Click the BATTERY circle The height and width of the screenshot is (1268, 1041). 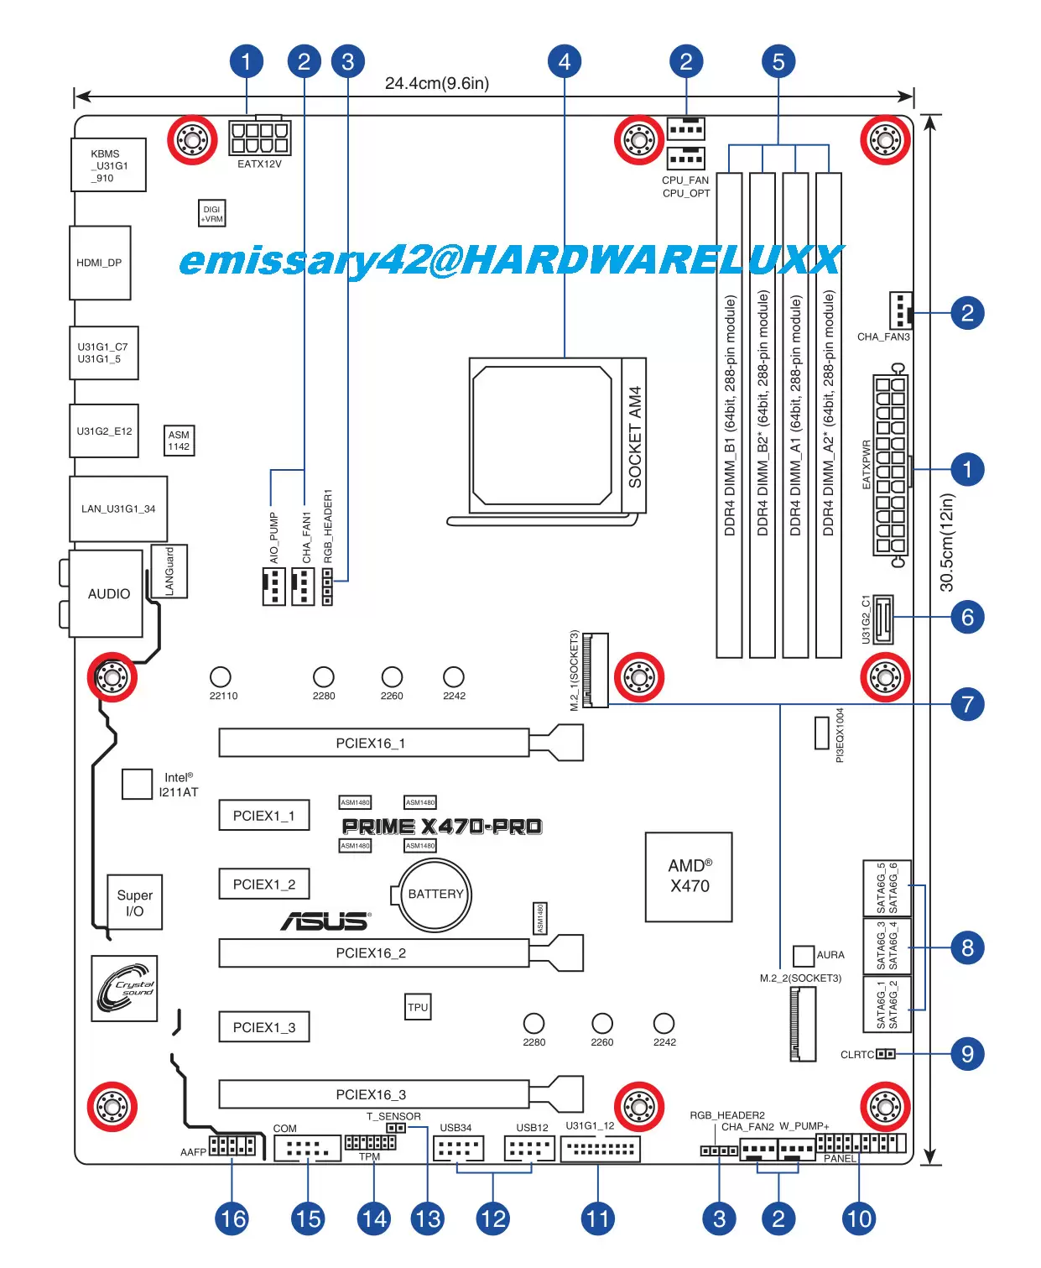435,895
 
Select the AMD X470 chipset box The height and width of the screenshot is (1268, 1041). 689,876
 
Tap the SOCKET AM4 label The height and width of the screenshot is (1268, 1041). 635,436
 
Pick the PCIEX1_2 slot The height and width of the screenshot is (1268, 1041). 264,884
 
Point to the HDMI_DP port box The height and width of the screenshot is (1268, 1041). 100,263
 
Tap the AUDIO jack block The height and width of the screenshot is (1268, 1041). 107,593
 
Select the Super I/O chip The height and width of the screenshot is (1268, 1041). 134,903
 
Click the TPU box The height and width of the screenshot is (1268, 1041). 418,1007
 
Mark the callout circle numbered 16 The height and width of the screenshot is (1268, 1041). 232,1218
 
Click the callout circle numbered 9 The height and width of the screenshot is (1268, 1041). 967,1053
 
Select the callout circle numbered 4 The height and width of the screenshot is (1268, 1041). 565,61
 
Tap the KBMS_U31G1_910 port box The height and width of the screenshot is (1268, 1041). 108,165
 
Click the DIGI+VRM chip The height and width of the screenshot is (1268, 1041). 212,214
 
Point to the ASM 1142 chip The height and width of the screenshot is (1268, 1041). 179,441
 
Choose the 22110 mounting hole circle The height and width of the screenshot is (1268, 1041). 221,676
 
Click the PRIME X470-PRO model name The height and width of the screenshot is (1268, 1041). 442,827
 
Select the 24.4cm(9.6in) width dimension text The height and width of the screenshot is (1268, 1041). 437,83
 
